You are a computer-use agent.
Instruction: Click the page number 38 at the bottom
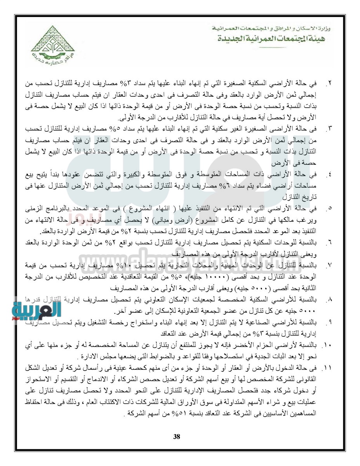coord(177,436)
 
